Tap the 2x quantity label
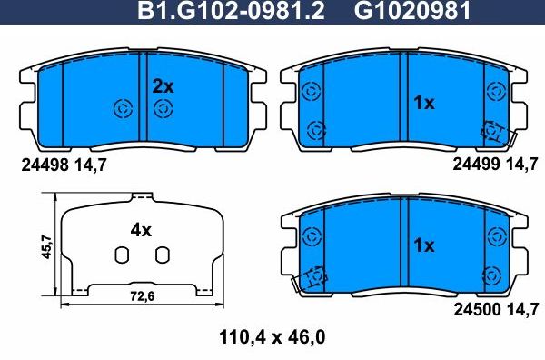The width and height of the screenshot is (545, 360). coord(162,86)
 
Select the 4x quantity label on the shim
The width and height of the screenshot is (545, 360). coord(140,230)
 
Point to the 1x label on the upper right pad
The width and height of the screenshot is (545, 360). coord(424,104)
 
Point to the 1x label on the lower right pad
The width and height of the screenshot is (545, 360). coord(424,245)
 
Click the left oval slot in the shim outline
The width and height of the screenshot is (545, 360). coord(120,255)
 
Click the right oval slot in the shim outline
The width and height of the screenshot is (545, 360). coord(162,255)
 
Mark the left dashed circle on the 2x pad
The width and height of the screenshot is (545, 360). coord(122,109)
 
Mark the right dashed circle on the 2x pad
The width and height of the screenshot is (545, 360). coord(163,109)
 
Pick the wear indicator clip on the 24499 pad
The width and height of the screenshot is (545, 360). coord(495,134)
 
